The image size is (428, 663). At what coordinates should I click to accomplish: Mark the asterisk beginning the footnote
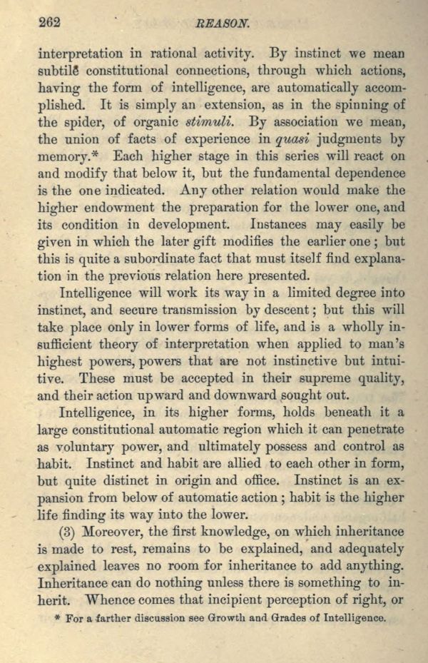pos(57,618)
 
